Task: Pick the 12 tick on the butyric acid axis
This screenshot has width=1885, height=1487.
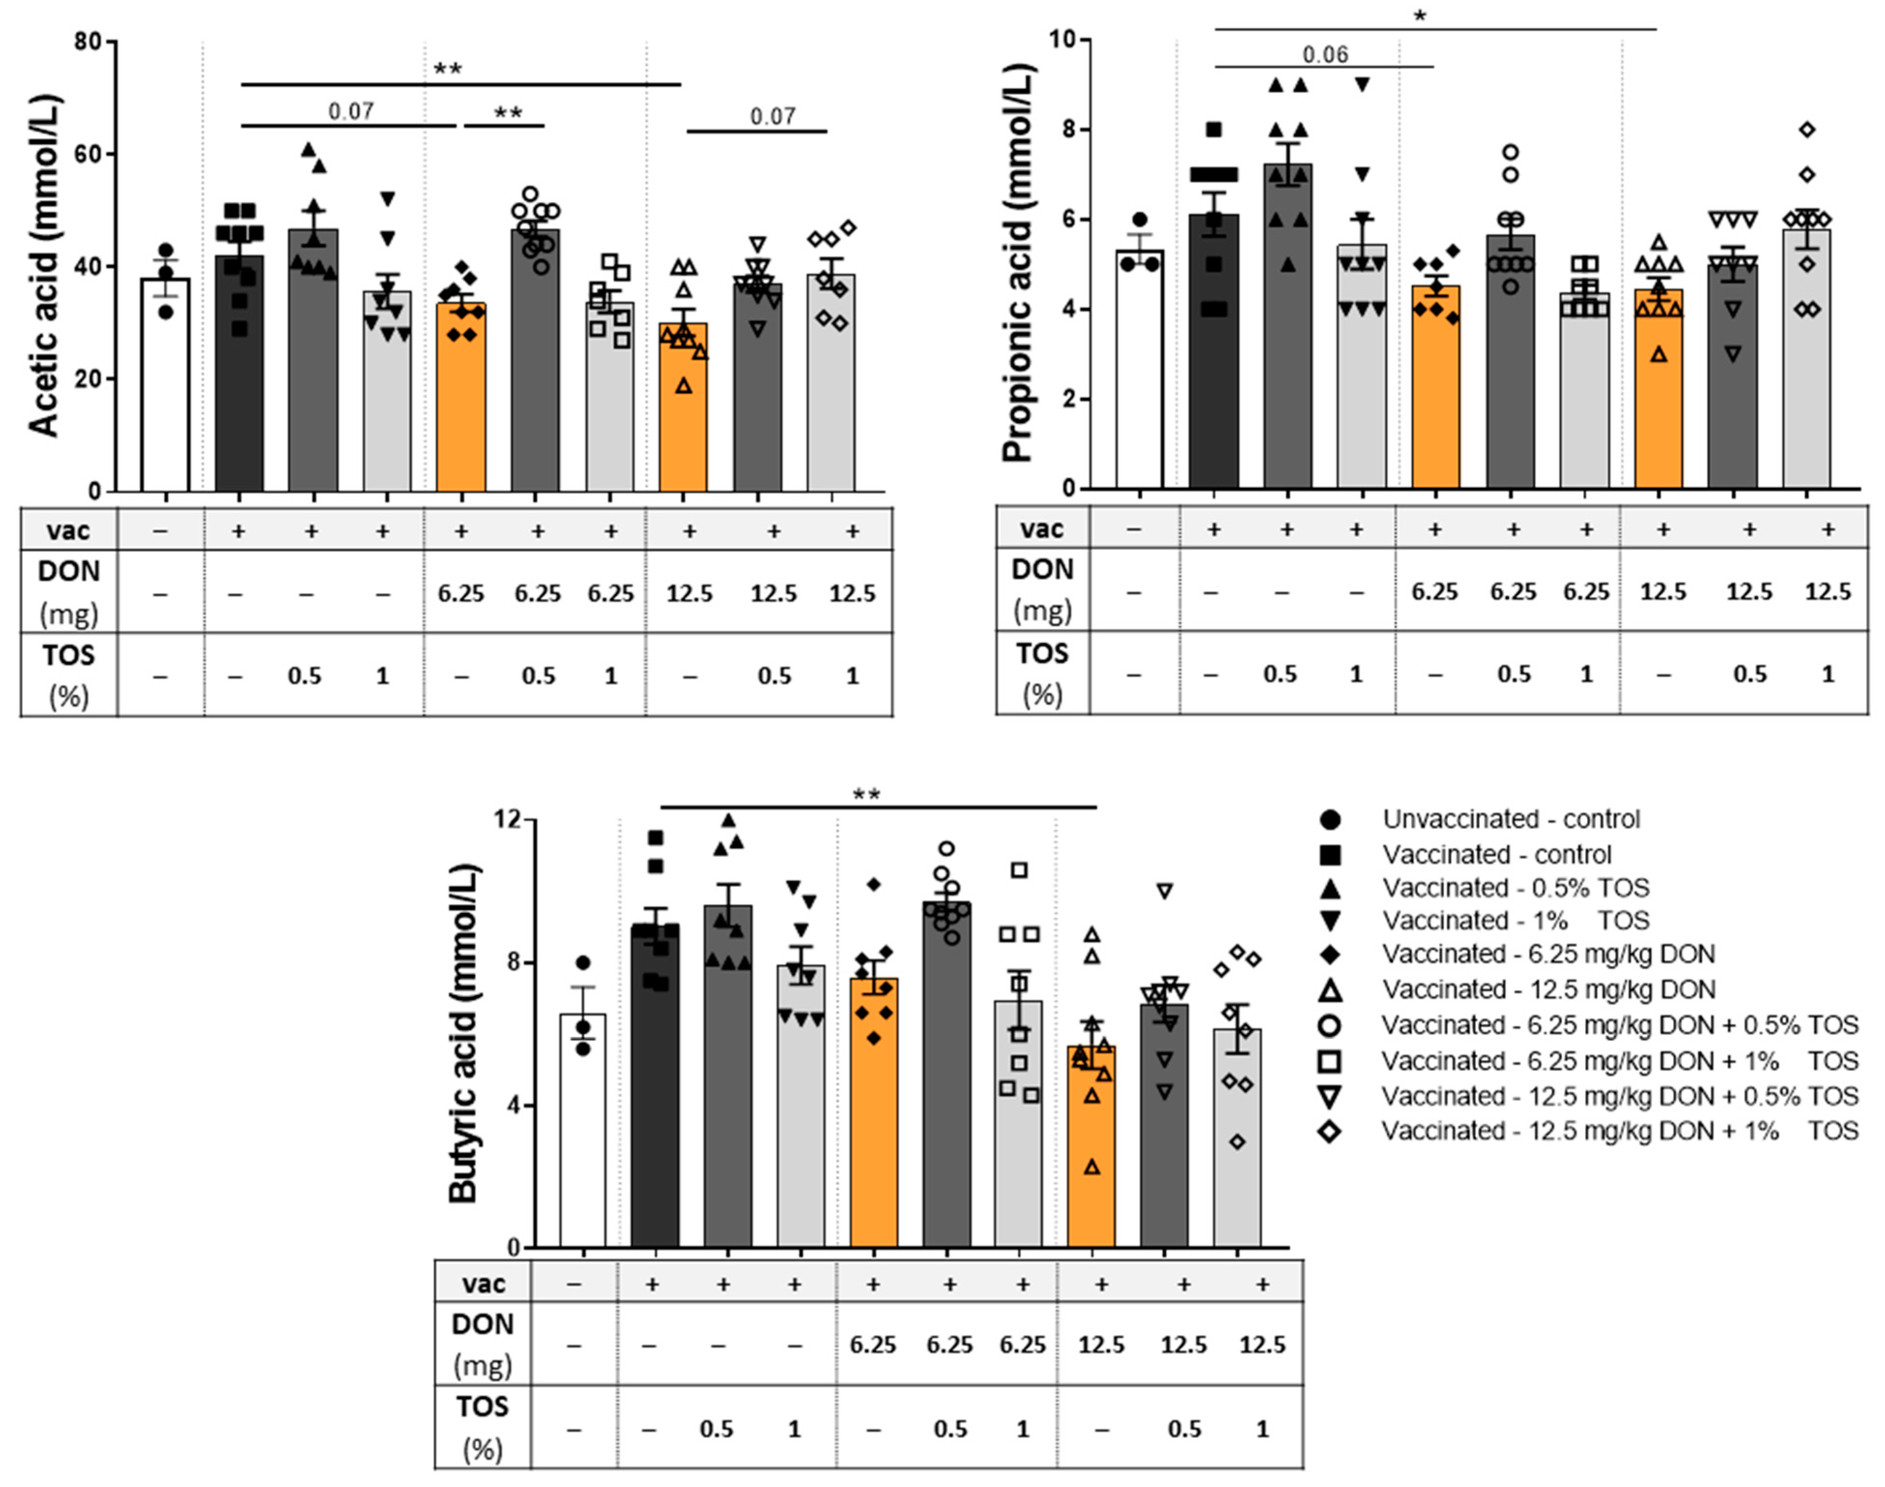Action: [x=509, y=819]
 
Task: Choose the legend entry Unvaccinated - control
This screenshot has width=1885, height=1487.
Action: [x=1511, y=819]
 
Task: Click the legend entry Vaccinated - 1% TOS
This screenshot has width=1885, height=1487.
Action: [x=1515, y=920]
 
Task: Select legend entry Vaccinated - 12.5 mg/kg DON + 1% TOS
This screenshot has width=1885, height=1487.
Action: [x=1619, y=1131]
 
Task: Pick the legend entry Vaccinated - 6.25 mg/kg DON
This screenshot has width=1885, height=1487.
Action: [x=1548, y=954]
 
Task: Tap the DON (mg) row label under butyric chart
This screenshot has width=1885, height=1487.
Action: [x=482, y=1344]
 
